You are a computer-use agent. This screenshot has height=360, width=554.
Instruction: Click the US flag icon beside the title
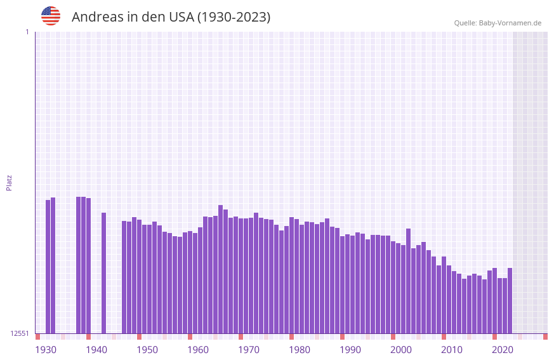click(x=51, y=16)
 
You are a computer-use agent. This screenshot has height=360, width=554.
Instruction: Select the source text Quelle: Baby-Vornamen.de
click(x=498, y=23)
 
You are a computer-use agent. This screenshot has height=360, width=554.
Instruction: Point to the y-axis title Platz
click(x=9, y=182)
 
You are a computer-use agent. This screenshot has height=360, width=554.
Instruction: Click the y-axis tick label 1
click(x=27, y=32)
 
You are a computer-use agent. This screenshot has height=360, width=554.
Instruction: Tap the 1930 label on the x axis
click(x=46, y=350)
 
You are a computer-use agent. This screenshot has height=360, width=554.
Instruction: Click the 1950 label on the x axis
click(x=147, y=350)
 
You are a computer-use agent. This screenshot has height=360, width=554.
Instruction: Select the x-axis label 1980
click(x=300, y=350)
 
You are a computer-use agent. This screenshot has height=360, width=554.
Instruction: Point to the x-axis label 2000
click(x=401, y=350)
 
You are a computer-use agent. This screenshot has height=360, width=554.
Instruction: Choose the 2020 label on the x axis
click(x=503, y=350)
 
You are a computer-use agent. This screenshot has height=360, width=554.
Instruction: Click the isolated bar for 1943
click(x=104, y=273)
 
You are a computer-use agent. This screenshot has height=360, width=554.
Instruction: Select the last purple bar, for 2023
click(x=510, y=300)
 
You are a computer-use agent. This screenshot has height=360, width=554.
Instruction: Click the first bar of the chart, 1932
click(x=48, y=267)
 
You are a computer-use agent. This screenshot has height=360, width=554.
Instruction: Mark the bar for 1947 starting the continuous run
click(x=124, y=277)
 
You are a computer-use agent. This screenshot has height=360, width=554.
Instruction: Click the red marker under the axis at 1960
click(x=190, y=337)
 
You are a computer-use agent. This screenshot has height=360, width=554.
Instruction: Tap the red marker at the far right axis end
click(x=545, y=337)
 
